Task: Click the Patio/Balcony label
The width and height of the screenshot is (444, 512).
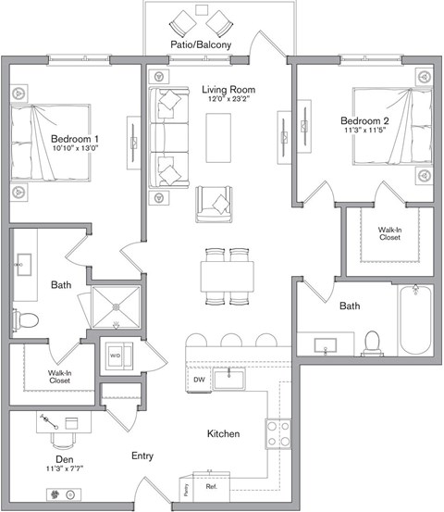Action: click(200, 44)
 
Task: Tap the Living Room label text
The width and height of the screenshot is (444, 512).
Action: click(228, 90)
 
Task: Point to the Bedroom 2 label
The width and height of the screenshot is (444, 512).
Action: click(364, 121)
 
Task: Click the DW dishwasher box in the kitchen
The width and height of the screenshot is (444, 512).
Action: click(198, 381)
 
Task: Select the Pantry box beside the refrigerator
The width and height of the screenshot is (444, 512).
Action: click(186, 487)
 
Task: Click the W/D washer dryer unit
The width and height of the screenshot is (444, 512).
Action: click(116, 356)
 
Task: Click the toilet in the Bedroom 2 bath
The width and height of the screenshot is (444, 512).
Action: click(374, 342)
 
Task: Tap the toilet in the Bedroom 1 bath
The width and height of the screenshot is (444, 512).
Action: click(27, 320)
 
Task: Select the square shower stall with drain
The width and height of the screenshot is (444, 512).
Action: click(116, 306)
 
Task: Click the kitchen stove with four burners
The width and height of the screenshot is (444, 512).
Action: click(278, 433)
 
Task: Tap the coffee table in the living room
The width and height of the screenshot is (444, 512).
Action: click(219, 130)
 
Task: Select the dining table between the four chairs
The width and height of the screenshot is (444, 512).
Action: click(227, 275)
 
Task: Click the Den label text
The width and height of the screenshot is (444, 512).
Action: click(63, 457)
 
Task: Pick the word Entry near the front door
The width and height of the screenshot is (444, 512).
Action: click(142, 456)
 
